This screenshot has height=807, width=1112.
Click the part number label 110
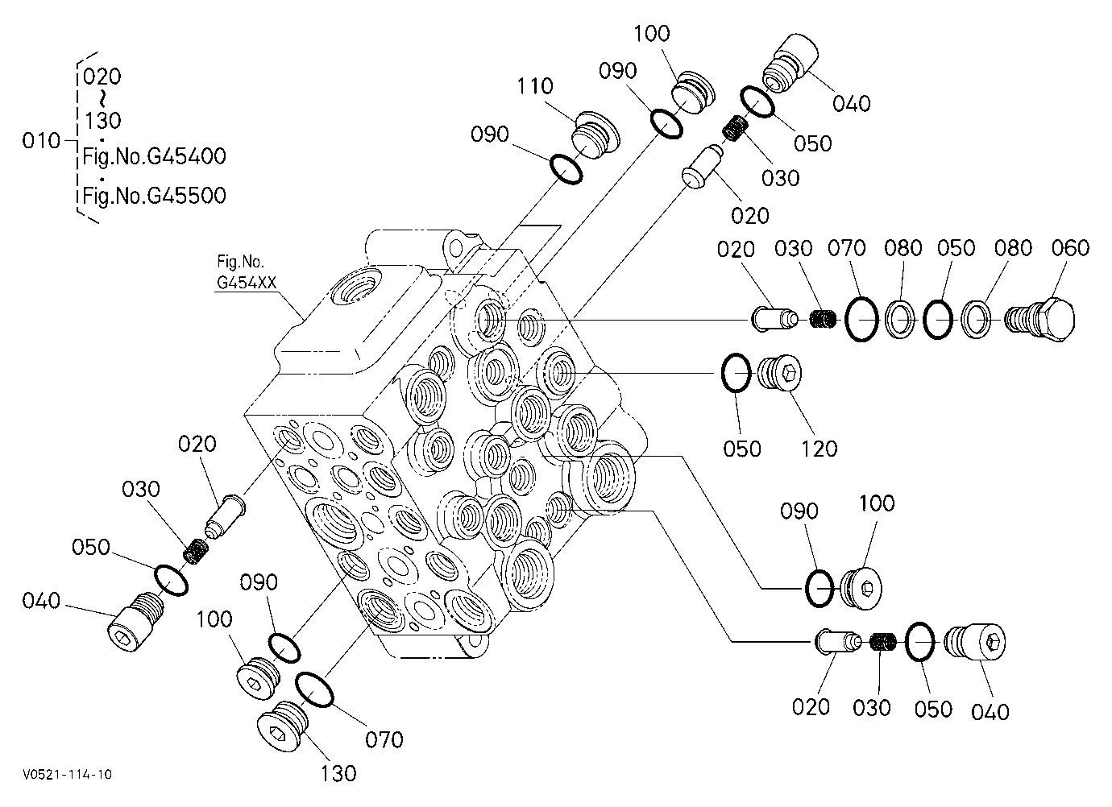[x=535, y=86]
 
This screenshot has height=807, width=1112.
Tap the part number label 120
[x=819, y=449]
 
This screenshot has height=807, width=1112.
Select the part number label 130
[x=338, y=774]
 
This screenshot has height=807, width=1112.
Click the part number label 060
[x=1070, y=248]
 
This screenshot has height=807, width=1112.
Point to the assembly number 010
[x=41, y=141]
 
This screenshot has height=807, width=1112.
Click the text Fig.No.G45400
[x=154, y=156]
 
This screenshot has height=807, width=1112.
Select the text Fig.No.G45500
[x=154, y=196]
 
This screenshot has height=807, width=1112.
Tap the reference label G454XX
[x=247, y=283]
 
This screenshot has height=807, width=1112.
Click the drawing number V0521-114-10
[x=67, y=774]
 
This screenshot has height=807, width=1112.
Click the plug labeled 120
[x=780, y=373]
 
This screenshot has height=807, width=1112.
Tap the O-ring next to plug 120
[x=736, y=373]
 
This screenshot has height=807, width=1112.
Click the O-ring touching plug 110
[x=566, y=169]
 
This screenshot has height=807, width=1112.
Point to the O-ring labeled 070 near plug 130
[x=314, y=689]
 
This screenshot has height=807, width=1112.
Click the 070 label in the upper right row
[x=846, y=248]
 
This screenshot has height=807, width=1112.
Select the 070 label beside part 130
[x=384, y=740]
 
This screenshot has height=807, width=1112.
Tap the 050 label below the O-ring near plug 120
[x=742, y=449]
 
